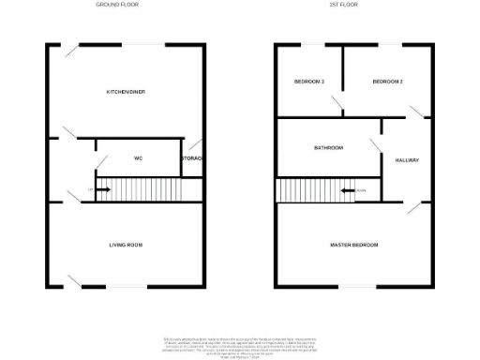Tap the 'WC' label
138,158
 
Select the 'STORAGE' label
193,158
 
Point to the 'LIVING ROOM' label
126,245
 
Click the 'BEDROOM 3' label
309,82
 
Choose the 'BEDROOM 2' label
387,82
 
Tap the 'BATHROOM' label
328,147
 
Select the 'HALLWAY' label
408,160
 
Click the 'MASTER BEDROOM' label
354,245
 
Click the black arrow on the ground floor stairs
102,190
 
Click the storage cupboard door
193,146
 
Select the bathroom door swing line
376,146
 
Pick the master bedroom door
414,208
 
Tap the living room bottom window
125,286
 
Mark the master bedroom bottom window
354,286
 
